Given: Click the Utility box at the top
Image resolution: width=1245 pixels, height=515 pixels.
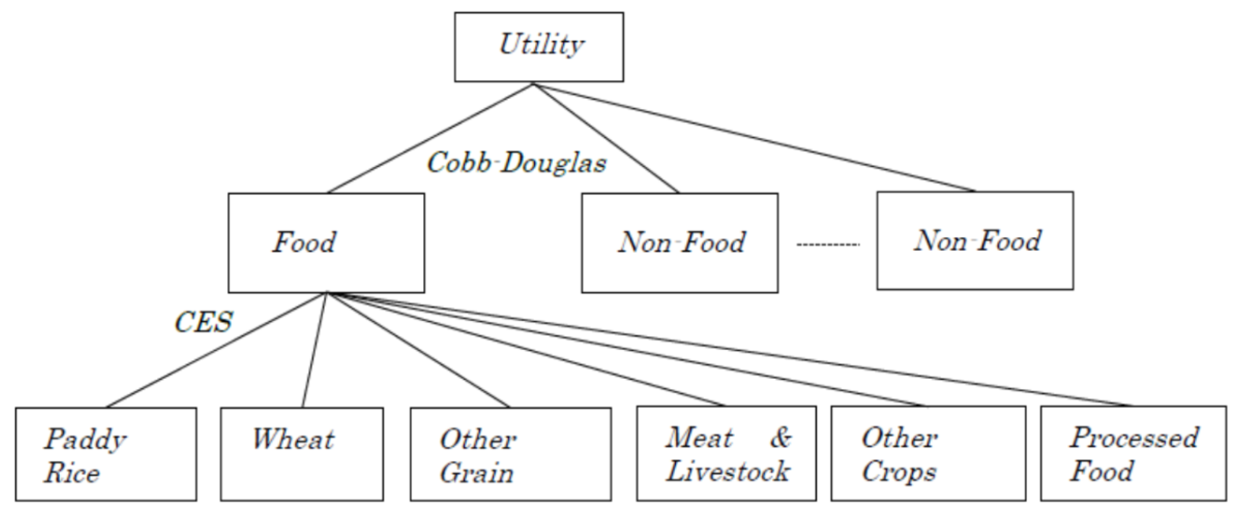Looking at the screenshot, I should [x=539, y=47].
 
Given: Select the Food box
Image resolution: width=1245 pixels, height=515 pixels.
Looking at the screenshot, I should [x=326, y=243].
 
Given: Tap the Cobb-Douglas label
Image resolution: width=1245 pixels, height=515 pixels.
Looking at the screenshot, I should [x=516, y=163].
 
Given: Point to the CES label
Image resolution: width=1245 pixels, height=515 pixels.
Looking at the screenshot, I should [x=204, y=322].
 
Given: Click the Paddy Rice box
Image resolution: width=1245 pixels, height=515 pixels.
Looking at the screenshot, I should [x=106, y=454].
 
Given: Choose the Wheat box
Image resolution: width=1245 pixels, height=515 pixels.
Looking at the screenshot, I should [x=302, y=454].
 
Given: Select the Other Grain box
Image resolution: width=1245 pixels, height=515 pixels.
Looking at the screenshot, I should [x=510, y=454].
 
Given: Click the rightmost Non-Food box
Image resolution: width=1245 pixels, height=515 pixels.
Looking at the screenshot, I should [x=975, y=241].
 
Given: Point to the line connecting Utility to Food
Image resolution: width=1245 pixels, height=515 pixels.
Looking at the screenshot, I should [x=430, y=139].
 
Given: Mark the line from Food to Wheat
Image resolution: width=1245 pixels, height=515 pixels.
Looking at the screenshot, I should [x=314, y=351].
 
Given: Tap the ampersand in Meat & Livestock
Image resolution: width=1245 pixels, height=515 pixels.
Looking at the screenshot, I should [x=780, y=438].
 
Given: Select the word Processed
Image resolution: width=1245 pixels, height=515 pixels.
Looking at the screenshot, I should [x=1133, y=438].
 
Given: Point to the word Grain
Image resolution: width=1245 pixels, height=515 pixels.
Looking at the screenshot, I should [x=477, y=472].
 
